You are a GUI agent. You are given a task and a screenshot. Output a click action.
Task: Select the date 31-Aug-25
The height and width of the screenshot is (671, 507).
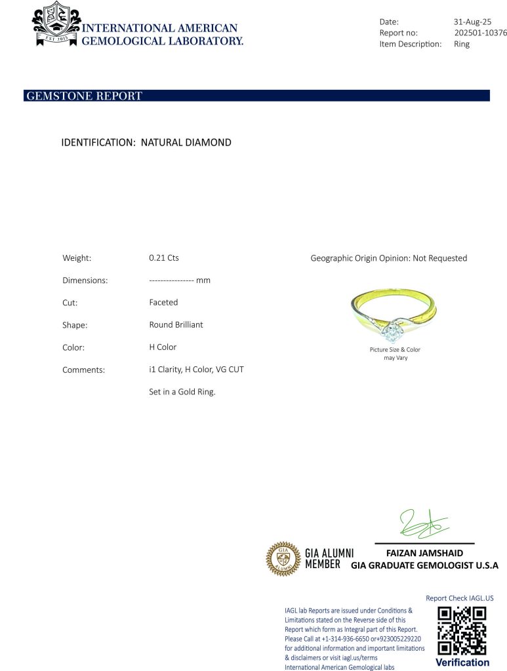pos(472,22)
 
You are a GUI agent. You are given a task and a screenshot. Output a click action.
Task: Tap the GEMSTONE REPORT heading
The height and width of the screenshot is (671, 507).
pos(84,96)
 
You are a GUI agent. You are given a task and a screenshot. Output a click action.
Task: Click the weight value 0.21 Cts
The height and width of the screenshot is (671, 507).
pos(164,258)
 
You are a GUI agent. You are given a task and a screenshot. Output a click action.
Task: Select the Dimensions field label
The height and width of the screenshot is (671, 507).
pos(85,280)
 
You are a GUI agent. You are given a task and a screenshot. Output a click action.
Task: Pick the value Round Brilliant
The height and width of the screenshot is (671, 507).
pos(176,325)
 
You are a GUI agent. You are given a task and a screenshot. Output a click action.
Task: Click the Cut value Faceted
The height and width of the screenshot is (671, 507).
pos(163,303)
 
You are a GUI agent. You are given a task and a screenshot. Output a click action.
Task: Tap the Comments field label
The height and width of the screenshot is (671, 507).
pos(83,370)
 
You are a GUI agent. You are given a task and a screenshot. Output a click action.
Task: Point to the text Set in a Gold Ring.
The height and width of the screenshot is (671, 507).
pos(182,392)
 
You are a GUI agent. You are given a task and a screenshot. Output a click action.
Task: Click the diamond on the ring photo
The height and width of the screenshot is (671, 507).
pos(392,331)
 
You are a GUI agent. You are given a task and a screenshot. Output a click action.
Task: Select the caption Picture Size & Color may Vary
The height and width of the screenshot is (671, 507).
pos(395,354)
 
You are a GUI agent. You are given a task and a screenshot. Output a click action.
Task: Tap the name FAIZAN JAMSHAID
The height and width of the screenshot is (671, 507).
pos(424,553)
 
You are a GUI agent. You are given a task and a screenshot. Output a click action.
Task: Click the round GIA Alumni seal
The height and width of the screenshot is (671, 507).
pos(283,559)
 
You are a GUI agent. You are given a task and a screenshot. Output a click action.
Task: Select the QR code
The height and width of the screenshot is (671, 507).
pos(462,630)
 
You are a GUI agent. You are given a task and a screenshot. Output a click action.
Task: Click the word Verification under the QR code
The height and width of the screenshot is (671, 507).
pos(462,662)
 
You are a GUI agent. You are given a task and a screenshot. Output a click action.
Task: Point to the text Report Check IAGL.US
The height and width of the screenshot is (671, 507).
pos(459,598)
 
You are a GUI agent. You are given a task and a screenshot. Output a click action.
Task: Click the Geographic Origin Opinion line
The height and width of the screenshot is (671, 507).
pos(388,258)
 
